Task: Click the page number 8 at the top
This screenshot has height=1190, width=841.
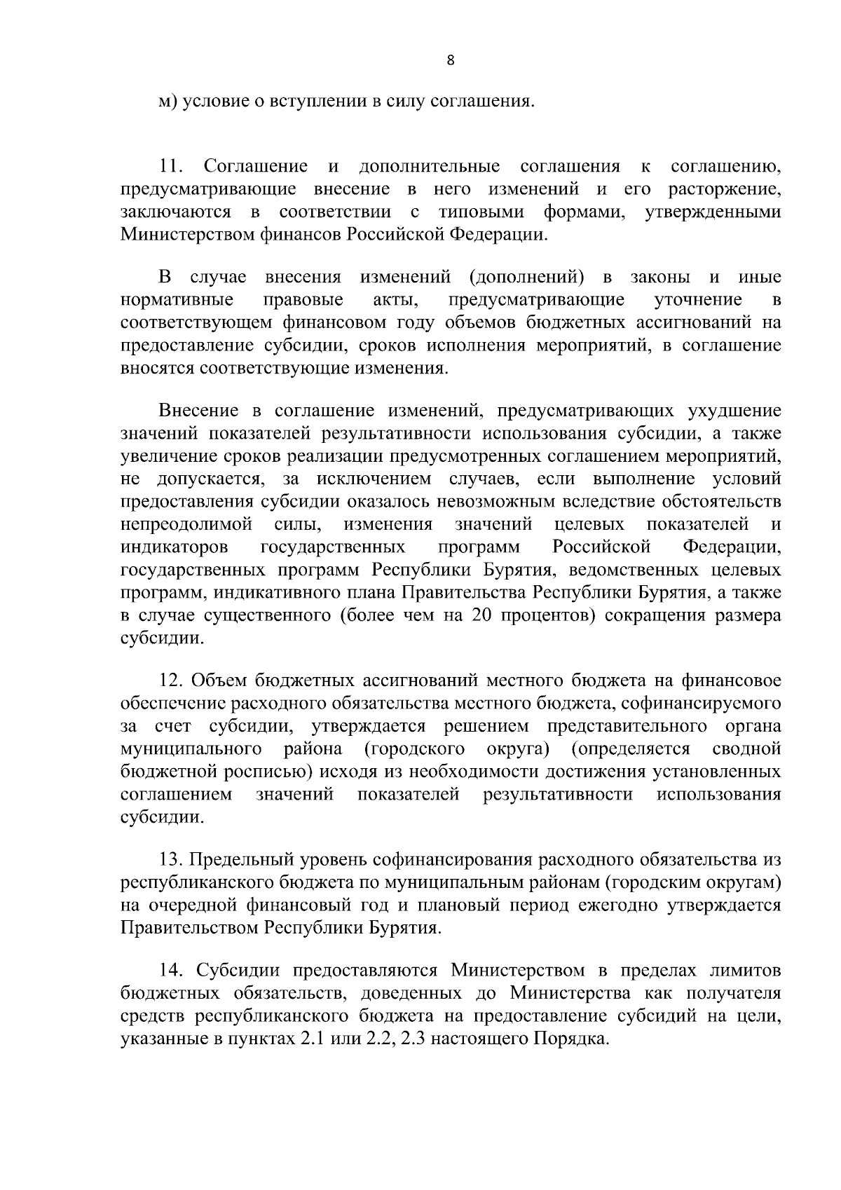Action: pos(451,61)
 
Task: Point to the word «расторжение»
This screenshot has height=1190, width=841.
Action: pos(725,189)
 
